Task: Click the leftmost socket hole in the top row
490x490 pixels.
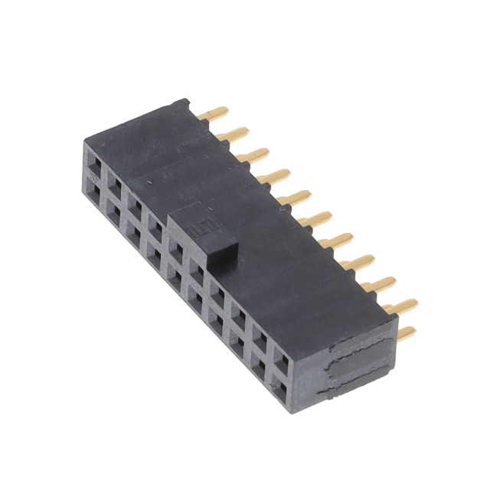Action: [95, 162]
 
